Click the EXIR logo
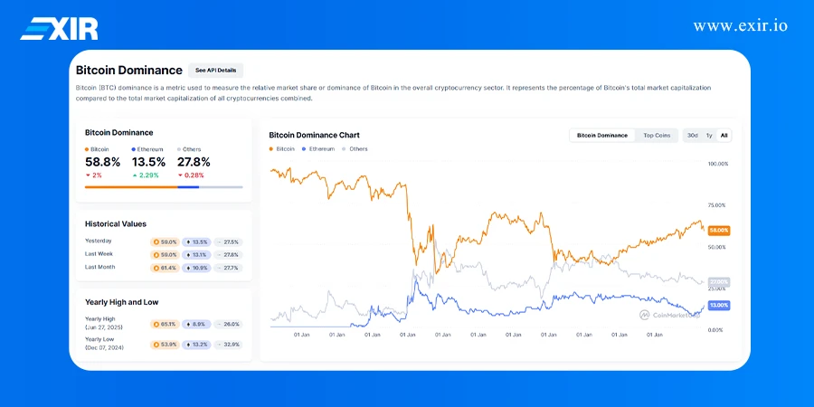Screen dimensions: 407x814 59,28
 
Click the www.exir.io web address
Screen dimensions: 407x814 740,25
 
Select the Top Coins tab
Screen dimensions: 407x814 657,135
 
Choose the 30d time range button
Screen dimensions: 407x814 692,135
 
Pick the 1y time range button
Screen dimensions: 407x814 709,135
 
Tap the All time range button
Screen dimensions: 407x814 724,135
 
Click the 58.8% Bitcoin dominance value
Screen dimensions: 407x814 102,162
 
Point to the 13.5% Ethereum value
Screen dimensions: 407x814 148,162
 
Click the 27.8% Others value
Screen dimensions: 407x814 194,162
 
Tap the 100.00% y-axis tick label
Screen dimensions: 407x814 717,164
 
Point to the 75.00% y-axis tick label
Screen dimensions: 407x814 717,205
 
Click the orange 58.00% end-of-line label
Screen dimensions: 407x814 718,231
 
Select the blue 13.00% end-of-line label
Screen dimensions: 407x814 718,306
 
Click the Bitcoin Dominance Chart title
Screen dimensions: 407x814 314,135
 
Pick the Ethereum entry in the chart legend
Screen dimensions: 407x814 321,148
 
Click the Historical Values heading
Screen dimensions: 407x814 115,223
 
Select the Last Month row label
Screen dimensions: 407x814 100,267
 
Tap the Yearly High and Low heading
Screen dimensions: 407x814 121,302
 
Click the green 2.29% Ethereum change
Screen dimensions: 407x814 147,175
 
